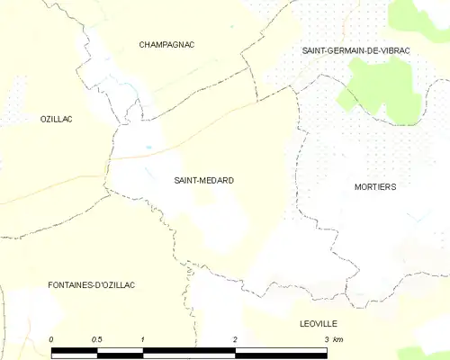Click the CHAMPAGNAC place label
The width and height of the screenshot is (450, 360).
click(x=167, y=44)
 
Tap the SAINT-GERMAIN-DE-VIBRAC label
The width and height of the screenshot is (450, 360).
click(x=356, y=51)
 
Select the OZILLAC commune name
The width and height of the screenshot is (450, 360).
click(x=56, y=119)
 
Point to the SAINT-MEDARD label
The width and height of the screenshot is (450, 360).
click(x=203, y=181)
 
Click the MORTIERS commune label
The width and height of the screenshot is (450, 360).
click(x=375, y=187)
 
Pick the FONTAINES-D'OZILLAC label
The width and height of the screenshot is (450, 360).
click(x=91, y=284)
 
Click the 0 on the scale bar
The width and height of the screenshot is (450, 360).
click(x=52, y=339)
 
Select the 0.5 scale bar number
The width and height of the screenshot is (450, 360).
click(x=96, y=339)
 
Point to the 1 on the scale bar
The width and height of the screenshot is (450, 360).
click(x=143, y=339)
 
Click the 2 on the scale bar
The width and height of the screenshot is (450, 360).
click(x=235, y=339)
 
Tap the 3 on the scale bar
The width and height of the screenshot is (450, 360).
click(x=326, y=339)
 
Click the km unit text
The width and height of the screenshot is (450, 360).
click(x=338, y=339)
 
